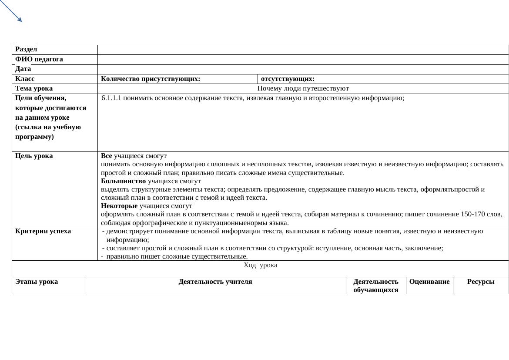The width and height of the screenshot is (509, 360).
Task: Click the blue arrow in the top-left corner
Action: pyautogui.click(x=11, y=10)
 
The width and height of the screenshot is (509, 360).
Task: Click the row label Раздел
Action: pyautogui.click(x=26, y=50)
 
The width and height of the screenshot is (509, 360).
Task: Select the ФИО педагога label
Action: pyautogui.click(x=39, y=59)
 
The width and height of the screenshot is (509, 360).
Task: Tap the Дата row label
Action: pyautogui.click(x=23, y=69)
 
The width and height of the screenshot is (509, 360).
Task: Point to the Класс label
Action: pyautogui.click(x=25, y=79)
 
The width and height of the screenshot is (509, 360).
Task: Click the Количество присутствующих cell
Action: pyautogui.click(x=151, y=79)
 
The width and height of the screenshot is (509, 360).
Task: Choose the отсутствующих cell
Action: pyautogui.click(x=288, y=79)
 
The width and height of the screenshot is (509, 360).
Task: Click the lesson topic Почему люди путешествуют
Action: pyautogui.click(x=303, y=88)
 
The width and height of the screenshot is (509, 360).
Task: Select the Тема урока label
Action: pyautogui.click(x=34, y=88)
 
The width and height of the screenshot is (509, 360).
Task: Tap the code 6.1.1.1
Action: pyautogui.click(x=111, y=98)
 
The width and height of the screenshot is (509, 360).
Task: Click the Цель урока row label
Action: pyautogui.click(x=34, y=156)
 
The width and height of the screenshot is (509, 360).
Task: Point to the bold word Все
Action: pyautogui.click(x=107, y=156)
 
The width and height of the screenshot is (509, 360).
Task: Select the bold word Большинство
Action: pyautogui.click(x=124, y=181)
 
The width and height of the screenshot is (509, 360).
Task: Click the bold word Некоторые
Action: pyautogui.click(x=119, y=206)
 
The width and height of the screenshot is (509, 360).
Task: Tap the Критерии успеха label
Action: pyautogui.click(x=43, y=231)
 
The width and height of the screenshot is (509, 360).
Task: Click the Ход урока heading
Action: pyautogui.click(x=260, y=265)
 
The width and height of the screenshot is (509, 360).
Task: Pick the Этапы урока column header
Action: pyautogui.click(x=37, y=282)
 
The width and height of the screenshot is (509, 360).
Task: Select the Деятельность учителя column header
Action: pyautogui.click(x=215, y=282)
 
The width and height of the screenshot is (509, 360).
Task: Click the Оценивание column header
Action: pyautogui.click(x=429, y=282)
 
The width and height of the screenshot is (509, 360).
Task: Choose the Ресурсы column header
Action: pyautogui.click(x=481, y=282)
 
